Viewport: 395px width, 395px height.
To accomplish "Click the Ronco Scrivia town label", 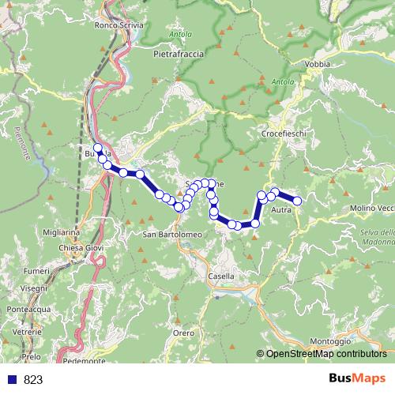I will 118,25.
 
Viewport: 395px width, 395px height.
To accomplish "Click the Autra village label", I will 281,211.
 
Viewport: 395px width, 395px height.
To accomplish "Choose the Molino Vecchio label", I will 371,208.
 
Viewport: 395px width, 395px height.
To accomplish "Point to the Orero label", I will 183,333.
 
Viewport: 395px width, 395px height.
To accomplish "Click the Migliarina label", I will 66,232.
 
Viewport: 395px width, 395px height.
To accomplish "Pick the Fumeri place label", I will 36,271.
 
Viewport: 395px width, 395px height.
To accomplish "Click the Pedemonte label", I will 86,362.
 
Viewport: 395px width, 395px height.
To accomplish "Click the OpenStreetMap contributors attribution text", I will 325,354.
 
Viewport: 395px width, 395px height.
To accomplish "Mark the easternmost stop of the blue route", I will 297,201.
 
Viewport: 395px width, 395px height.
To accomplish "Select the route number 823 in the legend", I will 32,379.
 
